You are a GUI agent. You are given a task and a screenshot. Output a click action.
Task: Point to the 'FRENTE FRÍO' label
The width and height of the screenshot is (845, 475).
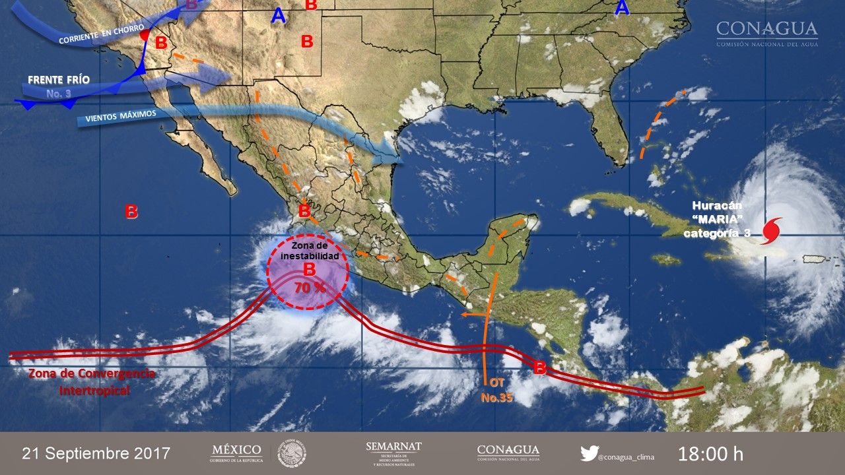(x=59, y=80)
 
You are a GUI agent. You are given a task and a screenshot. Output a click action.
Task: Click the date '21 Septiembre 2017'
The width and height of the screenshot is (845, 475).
(x=96, y=454)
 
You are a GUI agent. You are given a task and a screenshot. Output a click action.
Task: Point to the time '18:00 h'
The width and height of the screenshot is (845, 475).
(x=710, y=454)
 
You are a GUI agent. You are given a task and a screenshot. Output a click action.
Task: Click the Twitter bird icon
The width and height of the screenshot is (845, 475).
(x=589, y=453)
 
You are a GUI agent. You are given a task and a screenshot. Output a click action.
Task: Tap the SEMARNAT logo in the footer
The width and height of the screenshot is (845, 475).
(x=393, y=454)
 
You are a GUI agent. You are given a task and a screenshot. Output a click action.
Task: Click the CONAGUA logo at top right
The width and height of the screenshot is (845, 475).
(x=766, y=33)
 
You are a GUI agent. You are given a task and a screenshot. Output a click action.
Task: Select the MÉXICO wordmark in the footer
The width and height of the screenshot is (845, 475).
(x=236, y=450)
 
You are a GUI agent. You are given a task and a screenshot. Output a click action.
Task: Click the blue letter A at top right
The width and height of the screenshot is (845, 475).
(x=621, y=8)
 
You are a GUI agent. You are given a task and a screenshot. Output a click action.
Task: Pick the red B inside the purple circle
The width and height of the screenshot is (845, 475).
(x=309, y=269)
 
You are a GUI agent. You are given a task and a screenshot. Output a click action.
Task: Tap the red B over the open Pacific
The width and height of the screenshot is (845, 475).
(x=131, y=212)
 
